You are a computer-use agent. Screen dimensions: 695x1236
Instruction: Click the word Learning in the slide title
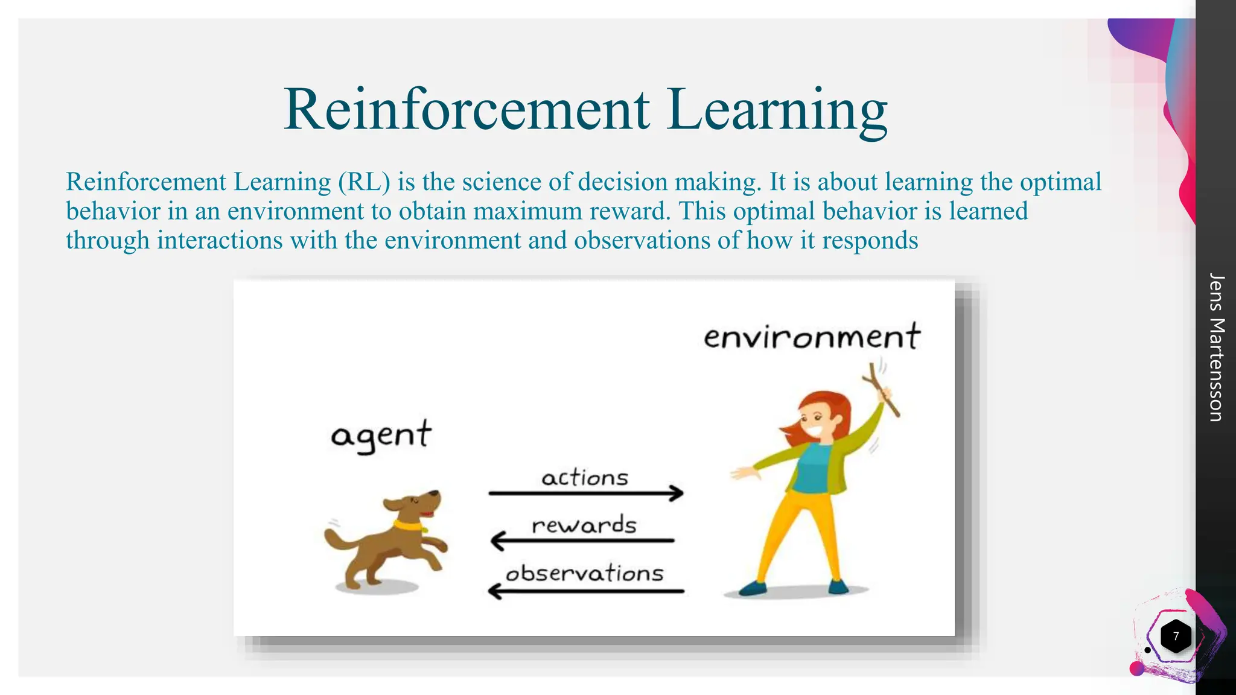(x=777, y=110)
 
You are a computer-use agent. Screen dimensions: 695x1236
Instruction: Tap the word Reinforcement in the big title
(x=467, y=110)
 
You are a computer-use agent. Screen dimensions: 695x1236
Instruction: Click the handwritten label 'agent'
(x=381, y=436)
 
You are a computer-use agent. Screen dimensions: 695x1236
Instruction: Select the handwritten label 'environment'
(x=812, y=337)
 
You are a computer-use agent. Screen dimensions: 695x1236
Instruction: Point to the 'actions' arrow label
(x=585, y=478)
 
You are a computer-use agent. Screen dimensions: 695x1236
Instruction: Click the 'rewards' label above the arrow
(x=584, y=525)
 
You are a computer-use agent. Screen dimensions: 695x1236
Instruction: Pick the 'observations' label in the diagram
(x=584, y=573)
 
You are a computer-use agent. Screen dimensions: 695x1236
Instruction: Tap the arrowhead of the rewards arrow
(x=497, y=541)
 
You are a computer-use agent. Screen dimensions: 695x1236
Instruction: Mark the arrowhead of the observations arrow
(x=494, y=591)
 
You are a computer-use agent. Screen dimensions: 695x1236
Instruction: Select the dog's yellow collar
(x=408, y=525)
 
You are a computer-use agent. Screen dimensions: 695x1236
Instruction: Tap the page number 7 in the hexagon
(x=1175, y=636)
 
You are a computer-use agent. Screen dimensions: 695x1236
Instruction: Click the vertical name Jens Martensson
(x=1217, y=347)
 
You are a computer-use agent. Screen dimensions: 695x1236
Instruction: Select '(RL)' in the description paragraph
(x=365, y=182)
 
